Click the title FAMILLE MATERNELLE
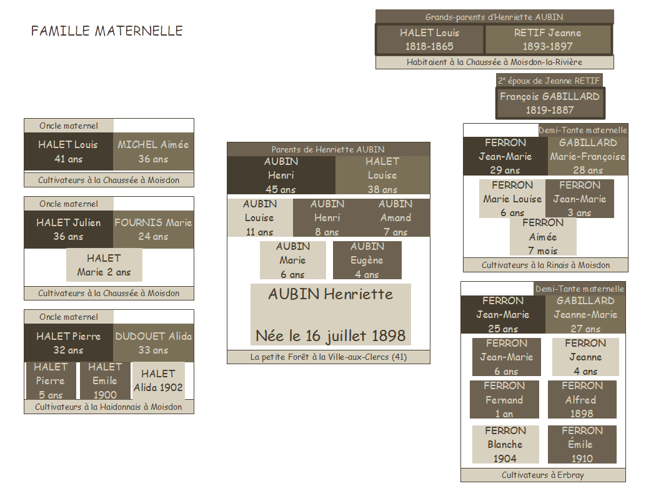pos(107,31)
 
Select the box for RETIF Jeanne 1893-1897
pos(547,39)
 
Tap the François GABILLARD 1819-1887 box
pos(550,103)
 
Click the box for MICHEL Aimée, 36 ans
pos(153,152)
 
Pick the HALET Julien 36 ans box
pos(68,229)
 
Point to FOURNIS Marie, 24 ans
pos(153,229)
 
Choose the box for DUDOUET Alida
pos(153,343)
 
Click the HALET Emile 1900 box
pos(105,381)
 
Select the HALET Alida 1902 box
pos(158,380)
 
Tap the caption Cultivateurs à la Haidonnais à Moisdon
pos(109,407)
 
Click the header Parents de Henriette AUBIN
pos(328,149)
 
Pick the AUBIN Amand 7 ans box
pos(395,217)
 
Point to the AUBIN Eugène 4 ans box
pos(367,260)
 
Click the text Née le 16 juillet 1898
pos(330,335)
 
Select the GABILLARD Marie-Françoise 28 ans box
pos(587,156)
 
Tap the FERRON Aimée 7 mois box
pos(543,237)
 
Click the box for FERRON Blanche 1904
pos(505,444)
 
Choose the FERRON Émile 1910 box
pos(582,444)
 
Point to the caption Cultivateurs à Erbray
pos(542,475)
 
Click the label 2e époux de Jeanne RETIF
pos(549,80)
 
